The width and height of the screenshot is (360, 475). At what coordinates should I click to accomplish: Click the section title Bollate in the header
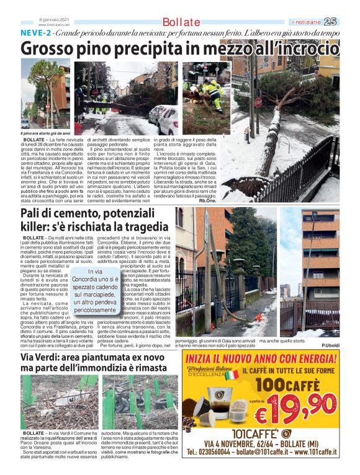181,23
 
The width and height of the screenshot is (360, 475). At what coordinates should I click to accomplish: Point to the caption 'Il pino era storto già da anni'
45,133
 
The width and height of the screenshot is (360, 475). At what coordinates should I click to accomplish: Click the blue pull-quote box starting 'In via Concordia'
95,290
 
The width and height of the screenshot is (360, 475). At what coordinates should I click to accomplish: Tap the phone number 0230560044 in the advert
217,453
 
